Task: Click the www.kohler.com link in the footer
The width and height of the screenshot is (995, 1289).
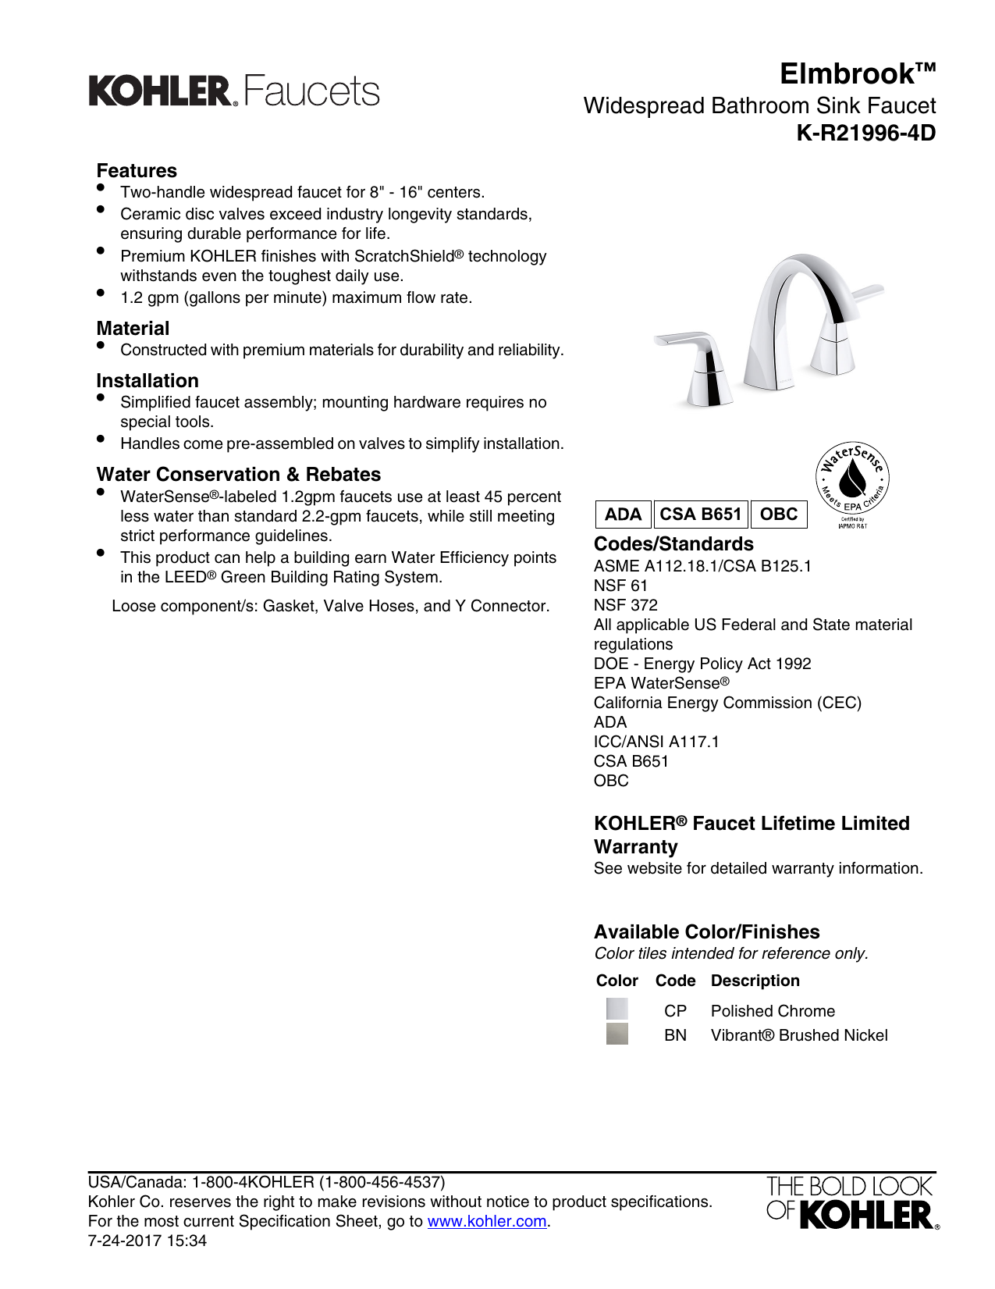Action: (486, 1221)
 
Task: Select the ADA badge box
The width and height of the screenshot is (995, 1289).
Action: (623, 515)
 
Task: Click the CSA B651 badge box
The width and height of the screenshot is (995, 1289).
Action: (700, 515)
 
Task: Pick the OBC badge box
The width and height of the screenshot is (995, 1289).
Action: (778, 515)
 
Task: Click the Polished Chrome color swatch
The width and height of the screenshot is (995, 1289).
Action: (617, 1009)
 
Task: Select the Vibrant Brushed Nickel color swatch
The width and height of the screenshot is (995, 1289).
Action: (617, 1034)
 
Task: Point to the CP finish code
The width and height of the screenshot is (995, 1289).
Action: (675, 1011)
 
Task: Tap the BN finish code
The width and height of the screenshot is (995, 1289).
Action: (675, 1035)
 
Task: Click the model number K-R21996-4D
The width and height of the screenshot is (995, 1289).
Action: (865, 134)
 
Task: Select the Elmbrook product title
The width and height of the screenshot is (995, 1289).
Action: (857, 74)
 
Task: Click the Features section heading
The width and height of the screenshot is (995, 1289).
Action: (137, 171)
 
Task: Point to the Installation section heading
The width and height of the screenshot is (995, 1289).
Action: (147, 381)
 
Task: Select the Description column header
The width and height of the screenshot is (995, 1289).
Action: (755, 981)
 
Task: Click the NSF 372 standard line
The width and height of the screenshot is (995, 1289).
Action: (625, 605)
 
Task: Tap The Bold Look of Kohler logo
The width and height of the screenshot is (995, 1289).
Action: (851, 1202)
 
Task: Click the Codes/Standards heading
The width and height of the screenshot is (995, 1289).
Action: (673, 544)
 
